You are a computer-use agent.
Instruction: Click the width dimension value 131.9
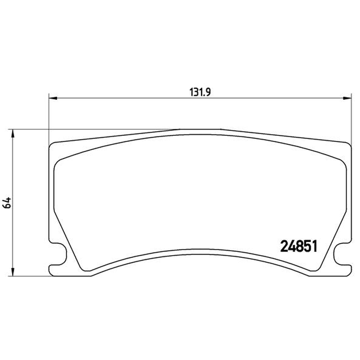click(x=200, y=92)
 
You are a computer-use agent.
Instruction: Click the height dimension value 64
click(x=7, y=202)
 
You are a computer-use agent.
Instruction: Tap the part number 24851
click(x=299, y=246)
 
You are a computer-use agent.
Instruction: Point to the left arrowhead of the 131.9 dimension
click(x=53, y=98)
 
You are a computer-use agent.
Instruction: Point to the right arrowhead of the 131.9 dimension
click(x=347, y=98)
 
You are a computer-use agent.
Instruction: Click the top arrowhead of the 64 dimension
click(x=13, y=133)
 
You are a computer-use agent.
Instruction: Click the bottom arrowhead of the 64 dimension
click(x=13, y=272)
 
